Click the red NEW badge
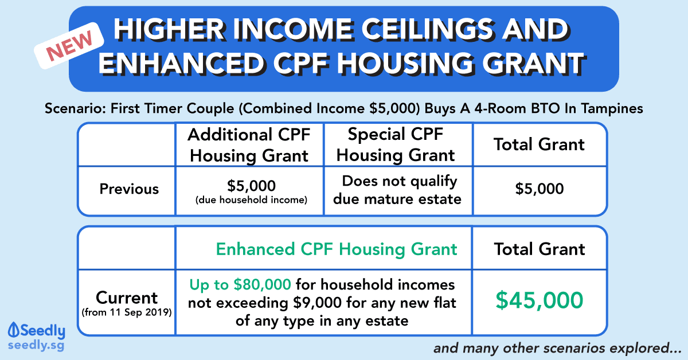tap(69, 45)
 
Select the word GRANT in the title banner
tap(534, 64)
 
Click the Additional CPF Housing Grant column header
tap(249, 145)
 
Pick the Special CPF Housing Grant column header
tap(396, 144)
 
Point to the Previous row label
tap(129, 189)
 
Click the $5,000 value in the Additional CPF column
tap(251, 186)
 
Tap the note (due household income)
tap(251, 200)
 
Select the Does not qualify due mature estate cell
tap(397, 190)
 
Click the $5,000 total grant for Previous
tap(540, 188)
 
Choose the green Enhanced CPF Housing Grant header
tap(337, 249)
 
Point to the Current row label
tap(127, 298)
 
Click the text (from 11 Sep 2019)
tap(127, 312)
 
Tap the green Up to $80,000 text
tap(240, 284)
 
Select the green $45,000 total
tap(540, 300)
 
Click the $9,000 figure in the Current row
tap(317, 303)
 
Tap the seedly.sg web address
tap(36, 346)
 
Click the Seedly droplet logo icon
tap(14, 330)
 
